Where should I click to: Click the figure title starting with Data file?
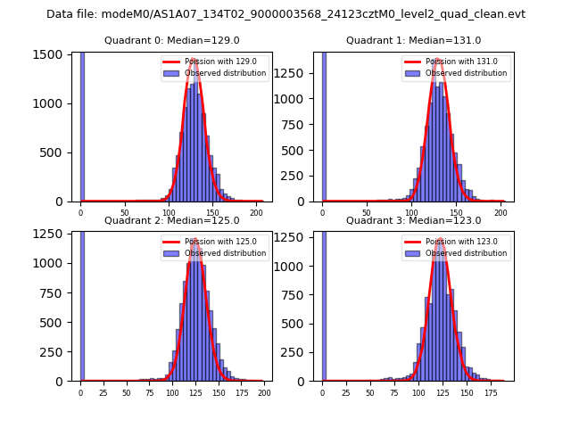point(285,14)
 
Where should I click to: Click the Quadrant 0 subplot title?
point(172,41)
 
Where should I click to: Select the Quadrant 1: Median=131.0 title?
point(413,41)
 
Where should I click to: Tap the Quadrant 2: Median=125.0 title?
point(172,221)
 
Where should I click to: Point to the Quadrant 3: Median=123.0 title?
point(413,221)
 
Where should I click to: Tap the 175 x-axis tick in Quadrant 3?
point(490,393)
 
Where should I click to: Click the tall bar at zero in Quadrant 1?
point(323,125)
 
